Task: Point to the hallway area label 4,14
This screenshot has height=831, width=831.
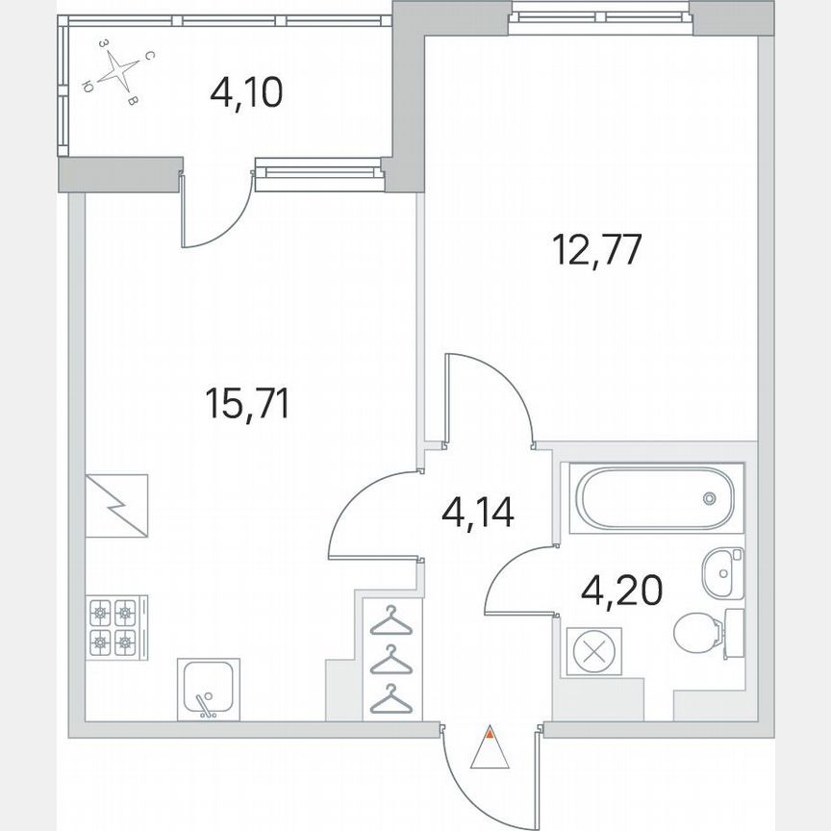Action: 478,511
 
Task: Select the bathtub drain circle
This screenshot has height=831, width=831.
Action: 709,498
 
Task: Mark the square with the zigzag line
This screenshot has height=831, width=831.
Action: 116,506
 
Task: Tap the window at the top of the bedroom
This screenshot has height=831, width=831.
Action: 602,15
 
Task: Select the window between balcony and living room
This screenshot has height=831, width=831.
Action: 319,173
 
